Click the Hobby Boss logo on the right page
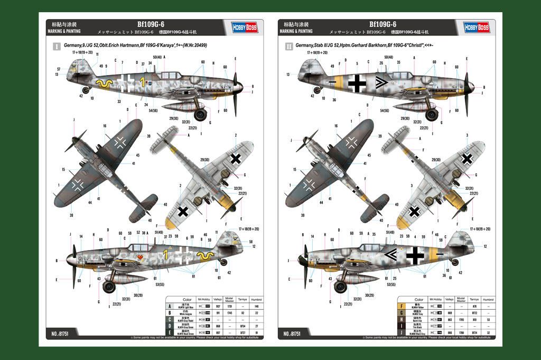tap(476, 27)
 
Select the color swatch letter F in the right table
tap(401, 306)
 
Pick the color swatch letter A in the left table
tap(170, 306)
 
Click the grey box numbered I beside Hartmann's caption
tap(57, 47)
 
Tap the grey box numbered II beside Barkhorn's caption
tap(289, 47)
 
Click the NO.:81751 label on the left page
tap(62, 334)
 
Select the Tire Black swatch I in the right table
tap(401, 326)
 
